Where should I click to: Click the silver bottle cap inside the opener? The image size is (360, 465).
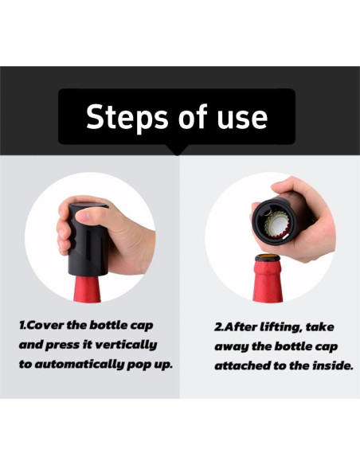tap(277, 225)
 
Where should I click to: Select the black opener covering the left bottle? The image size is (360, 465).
tap(88, 240)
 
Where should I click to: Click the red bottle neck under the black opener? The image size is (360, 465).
tap(88, 290)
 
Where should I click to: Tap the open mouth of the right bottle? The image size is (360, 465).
tap(268, 257)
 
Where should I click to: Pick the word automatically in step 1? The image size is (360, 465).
tap(80, 365)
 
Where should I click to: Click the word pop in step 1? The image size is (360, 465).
tap(139, 365)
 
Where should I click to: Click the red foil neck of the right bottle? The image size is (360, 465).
tap(268, 281)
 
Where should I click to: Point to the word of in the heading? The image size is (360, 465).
tap(193, 116)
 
